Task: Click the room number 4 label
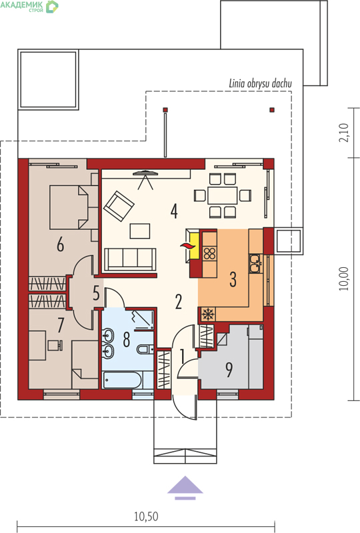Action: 174,211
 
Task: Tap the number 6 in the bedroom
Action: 60,245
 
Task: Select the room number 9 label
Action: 229,370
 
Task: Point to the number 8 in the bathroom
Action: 126,339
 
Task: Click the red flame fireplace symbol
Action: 186,246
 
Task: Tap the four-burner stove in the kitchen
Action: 209,253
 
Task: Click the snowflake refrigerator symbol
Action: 207,314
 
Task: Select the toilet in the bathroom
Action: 145,348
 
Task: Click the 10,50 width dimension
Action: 146,517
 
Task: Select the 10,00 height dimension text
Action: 344,278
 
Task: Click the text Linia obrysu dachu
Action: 260,84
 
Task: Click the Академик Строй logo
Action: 29,6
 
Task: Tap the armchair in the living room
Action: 119,206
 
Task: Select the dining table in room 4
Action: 223,195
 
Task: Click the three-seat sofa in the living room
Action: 130,260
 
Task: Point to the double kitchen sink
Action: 255,263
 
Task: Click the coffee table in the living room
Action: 140,231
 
